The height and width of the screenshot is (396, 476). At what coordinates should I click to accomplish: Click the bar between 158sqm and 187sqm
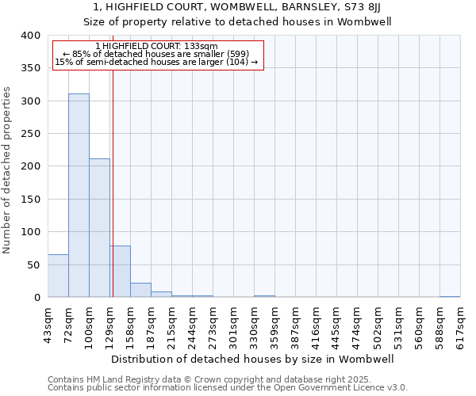pos(140,290)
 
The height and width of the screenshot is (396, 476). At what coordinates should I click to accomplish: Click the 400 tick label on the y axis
pos(30,36)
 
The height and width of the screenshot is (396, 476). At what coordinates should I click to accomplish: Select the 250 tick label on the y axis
pos(30,134)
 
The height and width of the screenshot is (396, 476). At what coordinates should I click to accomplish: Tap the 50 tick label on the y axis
pos(33,265)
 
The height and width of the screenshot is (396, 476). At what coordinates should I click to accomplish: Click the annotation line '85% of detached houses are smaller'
pos(155,54)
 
